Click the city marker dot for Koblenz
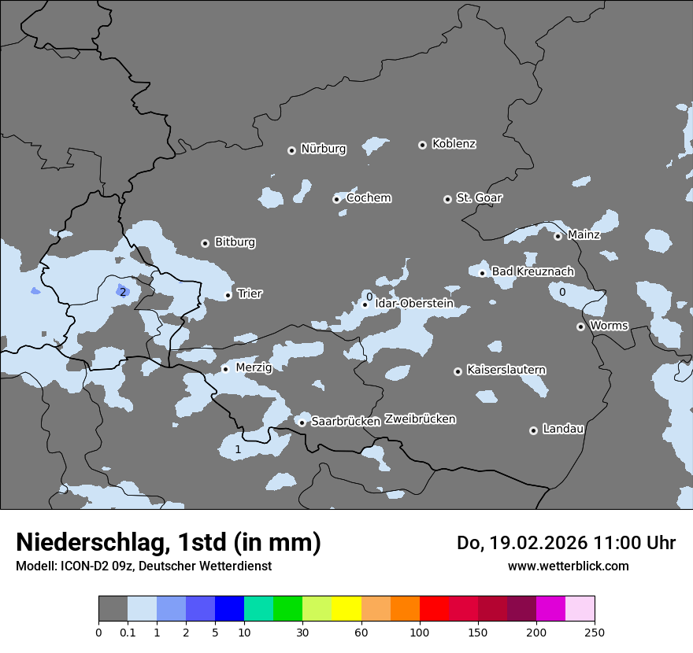422,145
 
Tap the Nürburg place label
323,149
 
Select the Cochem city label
369,197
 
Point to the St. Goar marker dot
447,199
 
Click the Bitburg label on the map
235,242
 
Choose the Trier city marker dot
228,295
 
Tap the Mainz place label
584,234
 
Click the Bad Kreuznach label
532,271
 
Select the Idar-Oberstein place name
414,303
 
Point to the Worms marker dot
580,326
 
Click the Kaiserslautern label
506,370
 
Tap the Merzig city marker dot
225,368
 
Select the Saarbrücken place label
346,422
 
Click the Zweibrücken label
420,419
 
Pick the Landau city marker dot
533,430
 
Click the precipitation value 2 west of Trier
123,292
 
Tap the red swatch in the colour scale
434,609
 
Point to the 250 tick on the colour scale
595,633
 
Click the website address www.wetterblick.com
568,566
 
